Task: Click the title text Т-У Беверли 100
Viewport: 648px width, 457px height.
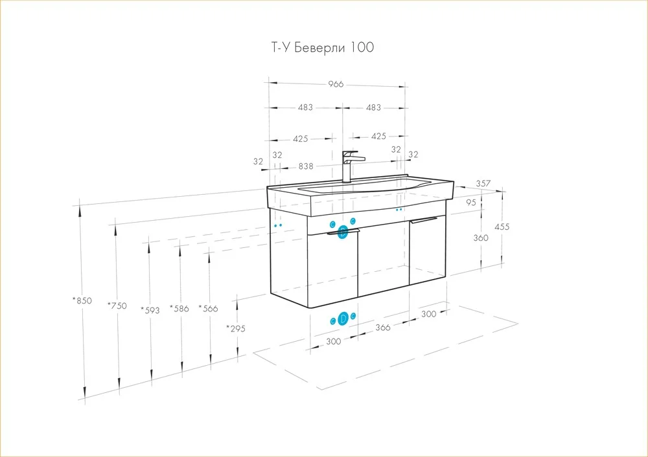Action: (322, 47)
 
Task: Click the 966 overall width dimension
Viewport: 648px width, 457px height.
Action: (336, 84)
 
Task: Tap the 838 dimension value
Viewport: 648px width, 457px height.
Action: (306, 166)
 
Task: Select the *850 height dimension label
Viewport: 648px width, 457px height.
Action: (82, 300)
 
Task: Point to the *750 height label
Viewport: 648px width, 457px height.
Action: (117, 306)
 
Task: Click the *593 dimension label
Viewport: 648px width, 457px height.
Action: (150, 310)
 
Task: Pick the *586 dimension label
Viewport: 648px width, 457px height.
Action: (179, 308)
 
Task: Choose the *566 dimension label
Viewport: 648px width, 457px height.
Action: (208, 308)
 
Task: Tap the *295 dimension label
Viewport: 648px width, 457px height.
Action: (236, 329)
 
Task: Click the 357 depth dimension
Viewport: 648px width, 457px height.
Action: (483, 183)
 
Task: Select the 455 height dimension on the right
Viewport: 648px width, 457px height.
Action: (502, 227)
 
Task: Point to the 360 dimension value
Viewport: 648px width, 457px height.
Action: (481, 238)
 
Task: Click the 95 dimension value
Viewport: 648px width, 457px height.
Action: (471, 203)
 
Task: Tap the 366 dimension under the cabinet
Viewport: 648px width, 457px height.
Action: (383, 328)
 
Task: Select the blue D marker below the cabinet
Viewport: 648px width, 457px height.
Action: (343, 319)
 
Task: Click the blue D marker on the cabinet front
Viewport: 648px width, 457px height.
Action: (343, 232)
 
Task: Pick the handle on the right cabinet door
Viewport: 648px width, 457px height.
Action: (424, 221)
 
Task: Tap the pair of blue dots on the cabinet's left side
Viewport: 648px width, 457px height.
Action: (278, 225)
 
